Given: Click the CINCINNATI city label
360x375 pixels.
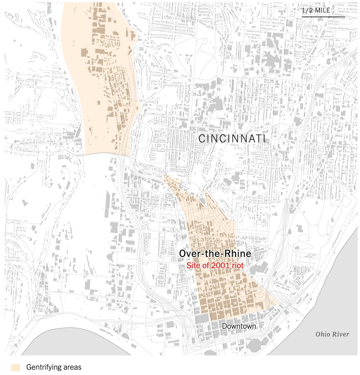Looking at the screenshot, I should coord(232,138).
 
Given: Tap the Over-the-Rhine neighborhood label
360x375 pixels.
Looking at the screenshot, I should coord(215,253).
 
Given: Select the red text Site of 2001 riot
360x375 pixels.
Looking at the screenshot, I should coord(215,266).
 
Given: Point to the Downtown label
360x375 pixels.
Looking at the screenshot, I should coord(239,326).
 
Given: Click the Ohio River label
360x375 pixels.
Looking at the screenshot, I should coord(332,334).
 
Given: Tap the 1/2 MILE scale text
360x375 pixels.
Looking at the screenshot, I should coord(316,10).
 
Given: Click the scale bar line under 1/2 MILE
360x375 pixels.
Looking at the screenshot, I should coord(323,16).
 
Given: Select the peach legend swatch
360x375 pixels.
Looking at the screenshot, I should coord(16,367).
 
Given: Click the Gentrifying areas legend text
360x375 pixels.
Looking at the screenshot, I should coord(54,367).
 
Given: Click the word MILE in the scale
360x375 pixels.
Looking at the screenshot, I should coord(322,10).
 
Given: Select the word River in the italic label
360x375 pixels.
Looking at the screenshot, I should coord(341,334).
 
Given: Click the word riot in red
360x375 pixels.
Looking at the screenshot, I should coord(238,266).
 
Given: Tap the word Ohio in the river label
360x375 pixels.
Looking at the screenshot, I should coord(323,334).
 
